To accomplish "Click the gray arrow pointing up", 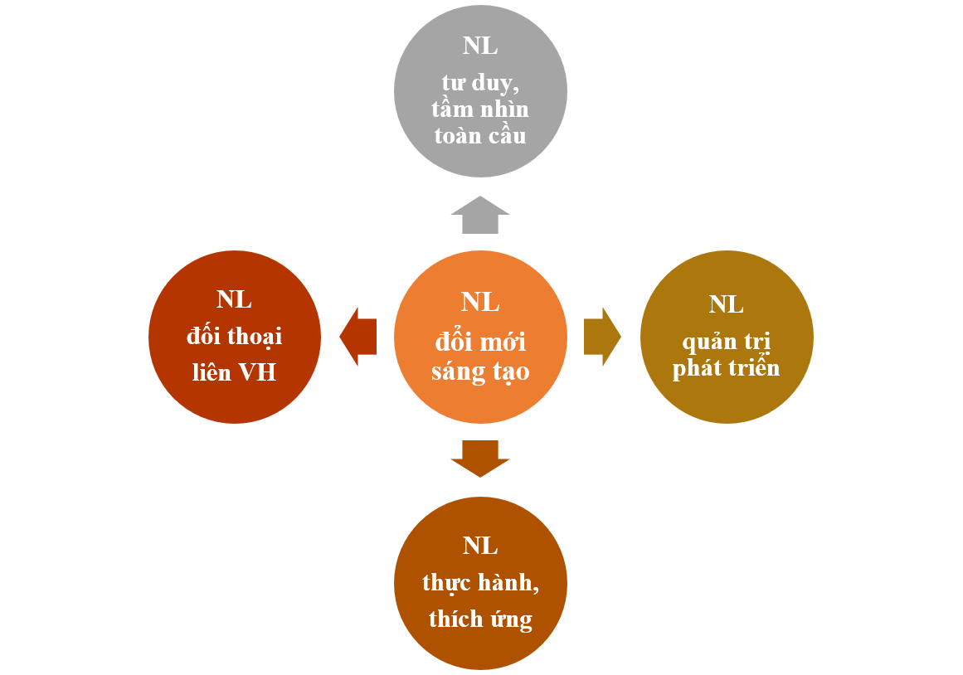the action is point(480,216).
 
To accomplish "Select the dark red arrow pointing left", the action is point(358,337).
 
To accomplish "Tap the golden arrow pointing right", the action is point(602,337).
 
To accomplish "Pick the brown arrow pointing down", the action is point(480,459).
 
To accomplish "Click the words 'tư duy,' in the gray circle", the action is point(480,83).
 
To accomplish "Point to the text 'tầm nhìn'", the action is point(480,109).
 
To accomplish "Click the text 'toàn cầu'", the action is point(480,135).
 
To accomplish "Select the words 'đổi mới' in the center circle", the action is point(480,342).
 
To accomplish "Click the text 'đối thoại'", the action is point(235,336).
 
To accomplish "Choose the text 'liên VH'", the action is point(235,372).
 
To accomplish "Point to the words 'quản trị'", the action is point(727,342).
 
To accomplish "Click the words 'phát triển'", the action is point(727,368).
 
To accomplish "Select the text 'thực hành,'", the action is point(480,583).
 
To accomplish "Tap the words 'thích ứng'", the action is point(480,619).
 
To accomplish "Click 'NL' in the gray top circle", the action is point(480,46).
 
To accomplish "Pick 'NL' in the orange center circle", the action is point(480,302).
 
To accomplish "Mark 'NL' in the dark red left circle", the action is point(235,299).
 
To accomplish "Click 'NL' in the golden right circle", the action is point(727,304).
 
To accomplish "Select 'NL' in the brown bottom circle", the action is point(480,546).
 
